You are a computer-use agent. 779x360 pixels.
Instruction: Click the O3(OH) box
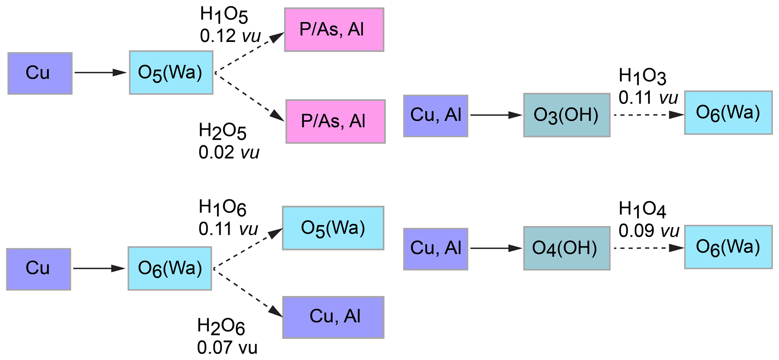click(566, 115)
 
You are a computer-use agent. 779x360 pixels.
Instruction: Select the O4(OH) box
click(566, 248)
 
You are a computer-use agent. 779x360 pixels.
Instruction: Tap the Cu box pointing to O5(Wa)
click(40, 73)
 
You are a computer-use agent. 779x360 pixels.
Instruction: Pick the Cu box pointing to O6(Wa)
click(38, 269)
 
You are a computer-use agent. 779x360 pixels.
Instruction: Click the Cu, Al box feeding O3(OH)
click(436, 116)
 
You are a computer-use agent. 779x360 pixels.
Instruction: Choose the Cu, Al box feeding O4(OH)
click(436, 249)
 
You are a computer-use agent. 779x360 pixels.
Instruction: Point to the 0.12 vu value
click(230, 36)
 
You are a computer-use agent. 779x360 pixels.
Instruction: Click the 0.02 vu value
click(229, 153)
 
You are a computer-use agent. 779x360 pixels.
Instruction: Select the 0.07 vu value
click(227, 348)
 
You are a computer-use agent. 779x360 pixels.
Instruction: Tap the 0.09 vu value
click(649, 231)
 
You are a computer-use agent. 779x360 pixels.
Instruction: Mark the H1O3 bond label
click(642, 77)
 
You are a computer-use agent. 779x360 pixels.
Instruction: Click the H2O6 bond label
click(221, 326)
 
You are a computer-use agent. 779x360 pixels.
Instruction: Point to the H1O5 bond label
click(224, 15)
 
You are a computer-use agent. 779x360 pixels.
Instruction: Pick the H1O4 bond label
click(642, 210)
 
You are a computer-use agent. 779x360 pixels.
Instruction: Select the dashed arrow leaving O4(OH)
click(649, 248)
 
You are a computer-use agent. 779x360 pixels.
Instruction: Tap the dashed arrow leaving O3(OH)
click(649, 115)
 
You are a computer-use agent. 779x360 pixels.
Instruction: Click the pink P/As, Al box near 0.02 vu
click(335, 121)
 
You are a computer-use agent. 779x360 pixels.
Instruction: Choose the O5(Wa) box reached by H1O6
click(333, 228)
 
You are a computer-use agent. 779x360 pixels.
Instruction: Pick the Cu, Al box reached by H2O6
click(333, 317)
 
